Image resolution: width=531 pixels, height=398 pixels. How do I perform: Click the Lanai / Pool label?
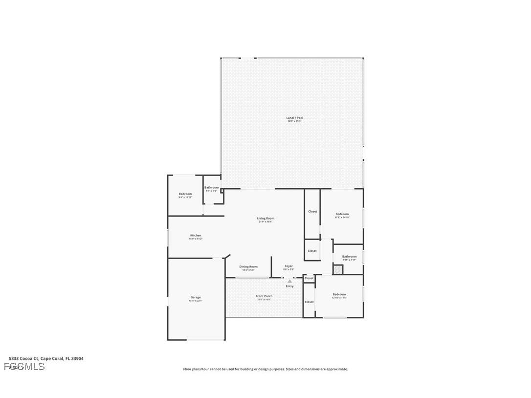click(x=294, y=118)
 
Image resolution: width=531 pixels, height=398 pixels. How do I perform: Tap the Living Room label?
click(x=265, y=219)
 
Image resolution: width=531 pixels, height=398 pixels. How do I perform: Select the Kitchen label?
click(x=196, y=236)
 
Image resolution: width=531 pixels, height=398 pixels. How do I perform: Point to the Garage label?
click(x=196, y=297)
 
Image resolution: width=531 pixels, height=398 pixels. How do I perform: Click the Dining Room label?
click(x=248, y=267)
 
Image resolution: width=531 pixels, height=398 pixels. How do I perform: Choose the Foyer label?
click(x=288, y=266)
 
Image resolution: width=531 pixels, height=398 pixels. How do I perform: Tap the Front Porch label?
click(x=264, y=296)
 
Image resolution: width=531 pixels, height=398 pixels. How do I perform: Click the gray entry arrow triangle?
click(x=289, y=281)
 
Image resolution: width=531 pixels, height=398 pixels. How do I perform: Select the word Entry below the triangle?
click(x=289, y=286)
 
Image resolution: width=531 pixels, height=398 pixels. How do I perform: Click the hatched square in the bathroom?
click(x=337, y=269)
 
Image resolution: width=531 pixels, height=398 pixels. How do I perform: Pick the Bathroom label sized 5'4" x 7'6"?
click(x=212, y=187)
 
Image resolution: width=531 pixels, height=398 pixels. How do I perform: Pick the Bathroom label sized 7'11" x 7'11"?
click(x=349, y=257)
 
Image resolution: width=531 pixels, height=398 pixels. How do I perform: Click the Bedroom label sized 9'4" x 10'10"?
click(x=185, y=194)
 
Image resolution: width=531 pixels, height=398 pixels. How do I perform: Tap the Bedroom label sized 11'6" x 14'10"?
click(x=342, y=214)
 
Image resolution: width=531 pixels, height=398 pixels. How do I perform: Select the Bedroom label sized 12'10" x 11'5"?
click(x=339, y=294)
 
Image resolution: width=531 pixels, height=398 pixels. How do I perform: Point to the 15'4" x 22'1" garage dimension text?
click(x=196, y=301)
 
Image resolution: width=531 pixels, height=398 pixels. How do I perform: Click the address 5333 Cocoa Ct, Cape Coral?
click(x=46, y=358)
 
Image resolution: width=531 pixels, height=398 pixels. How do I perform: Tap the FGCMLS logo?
click(x=24, y=367)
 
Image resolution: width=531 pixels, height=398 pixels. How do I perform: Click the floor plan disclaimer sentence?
click(x=265, y=369)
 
